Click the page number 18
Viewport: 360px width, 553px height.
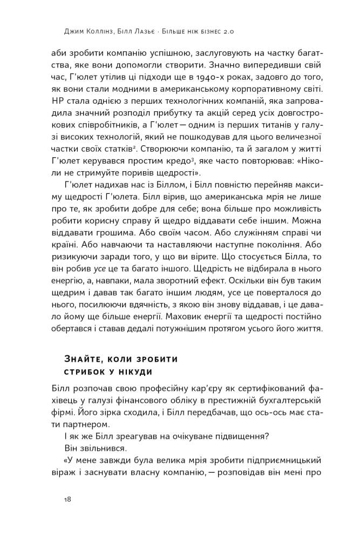point(67,499)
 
